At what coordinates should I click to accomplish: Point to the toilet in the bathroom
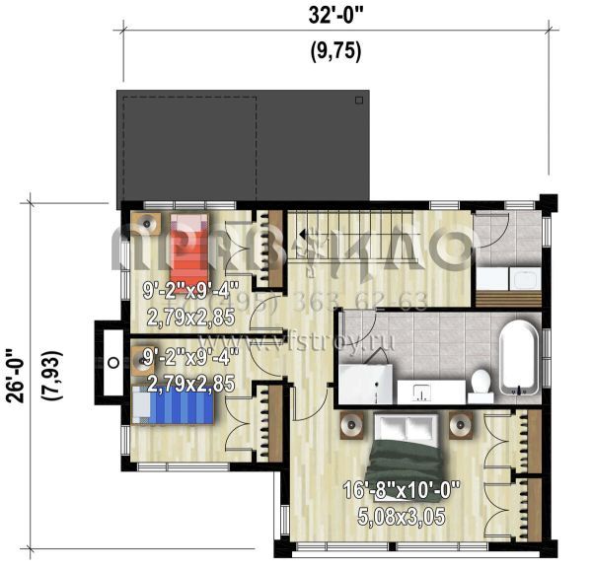click(x=481, y=381)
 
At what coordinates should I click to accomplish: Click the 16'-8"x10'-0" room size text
click(x=402, y=489)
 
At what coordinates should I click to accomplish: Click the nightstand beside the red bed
click(x=148, y=225)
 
